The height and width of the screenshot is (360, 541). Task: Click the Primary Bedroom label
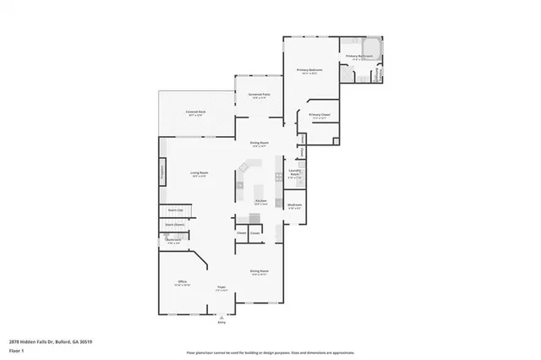pyautogui.click(x=311, y=69)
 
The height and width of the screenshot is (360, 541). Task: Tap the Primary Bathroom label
pyautogui.click(x=359, y=56)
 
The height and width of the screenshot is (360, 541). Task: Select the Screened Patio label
pyautogui.click(x=259, y=95)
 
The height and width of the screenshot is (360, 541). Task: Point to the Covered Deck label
pyautogui.click(x=199, y=112)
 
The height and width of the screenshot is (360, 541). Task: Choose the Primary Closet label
pyautogui.click(x=319, y=115)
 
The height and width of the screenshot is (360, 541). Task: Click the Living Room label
pyautogui.click(x=199, y=173)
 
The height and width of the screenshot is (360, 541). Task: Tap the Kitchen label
pyautogui.click(x=261, y=200)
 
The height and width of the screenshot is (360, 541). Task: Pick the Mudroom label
pyautogui.click(x=294, y=205)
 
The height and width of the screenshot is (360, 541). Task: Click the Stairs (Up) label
pyautogui.click(x=176, y=210)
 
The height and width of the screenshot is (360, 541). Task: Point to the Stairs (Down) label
pyautogui.click(x=174, y=225)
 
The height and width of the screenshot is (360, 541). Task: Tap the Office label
pyautogui.click(x=182, y=281)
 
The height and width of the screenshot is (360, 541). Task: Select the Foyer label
pyautogui.click(x=221, y=287)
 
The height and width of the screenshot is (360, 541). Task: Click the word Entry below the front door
pyautogui.click(x=221, y=323)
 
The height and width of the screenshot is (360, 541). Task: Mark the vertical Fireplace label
pyautogui.click(x=162, y=172)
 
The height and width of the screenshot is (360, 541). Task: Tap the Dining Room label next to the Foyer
pyautogui.click(x=259, y=271)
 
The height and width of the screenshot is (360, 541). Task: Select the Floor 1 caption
pyautogui.click(x=15, y=350)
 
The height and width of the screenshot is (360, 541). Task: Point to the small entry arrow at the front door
pyautogui.click(x=221, y=317)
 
